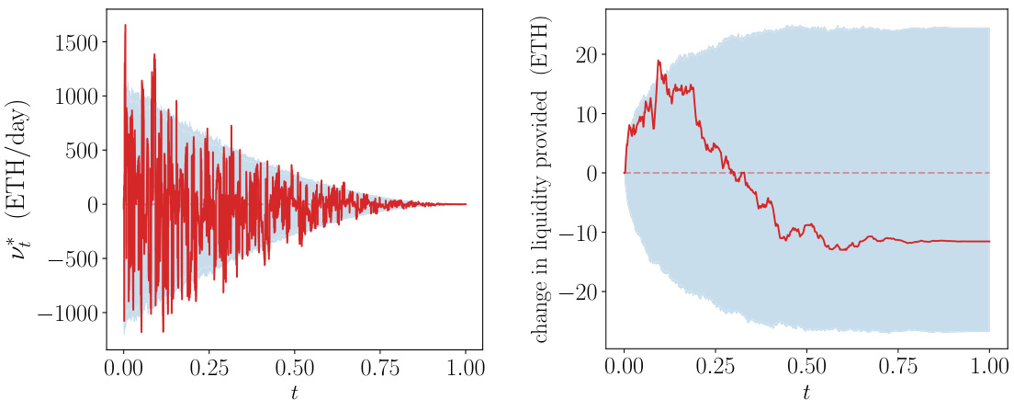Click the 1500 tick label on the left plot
(77, 41)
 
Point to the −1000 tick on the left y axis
(70, 314)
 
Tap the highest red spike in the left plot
(125, 26)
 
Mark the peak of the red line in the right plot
(658, 61)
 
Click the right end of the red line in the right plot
(989, 241)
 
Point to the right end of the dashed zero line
(989, 173)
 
